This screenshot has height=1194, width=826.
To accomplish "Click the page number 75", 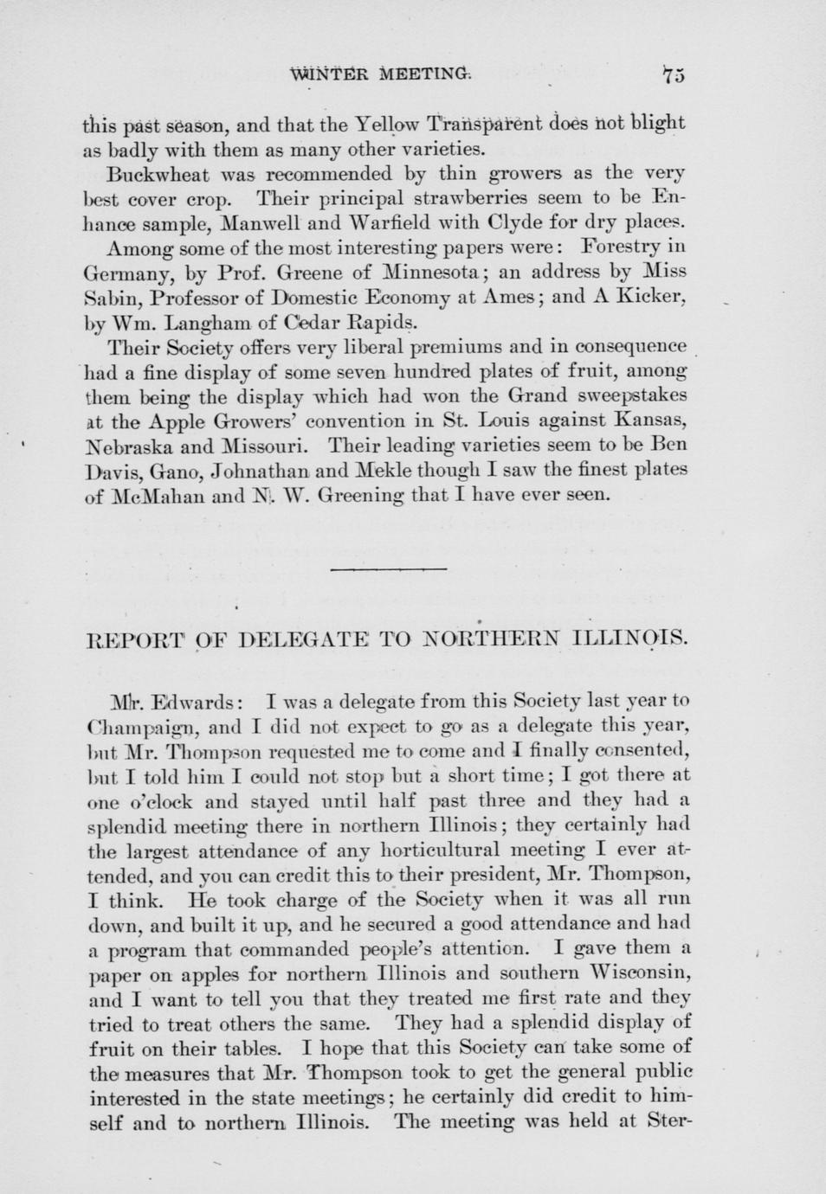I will click(673, 75).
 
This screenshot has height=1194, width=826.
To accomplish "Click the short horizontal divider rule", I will click(388, 569).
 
